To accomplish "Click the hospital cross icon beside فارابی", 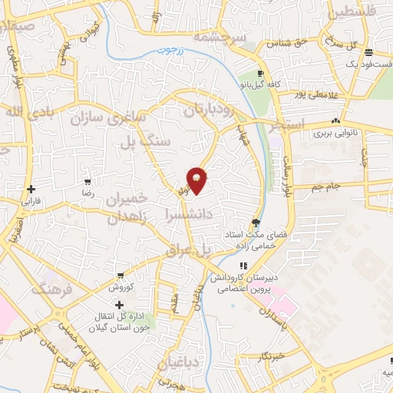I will (x=30, y=189).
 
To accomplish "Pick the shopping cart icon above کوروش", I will (x=121, y=275).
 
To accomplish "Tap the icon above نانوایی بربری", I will (x=335, y=121).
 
